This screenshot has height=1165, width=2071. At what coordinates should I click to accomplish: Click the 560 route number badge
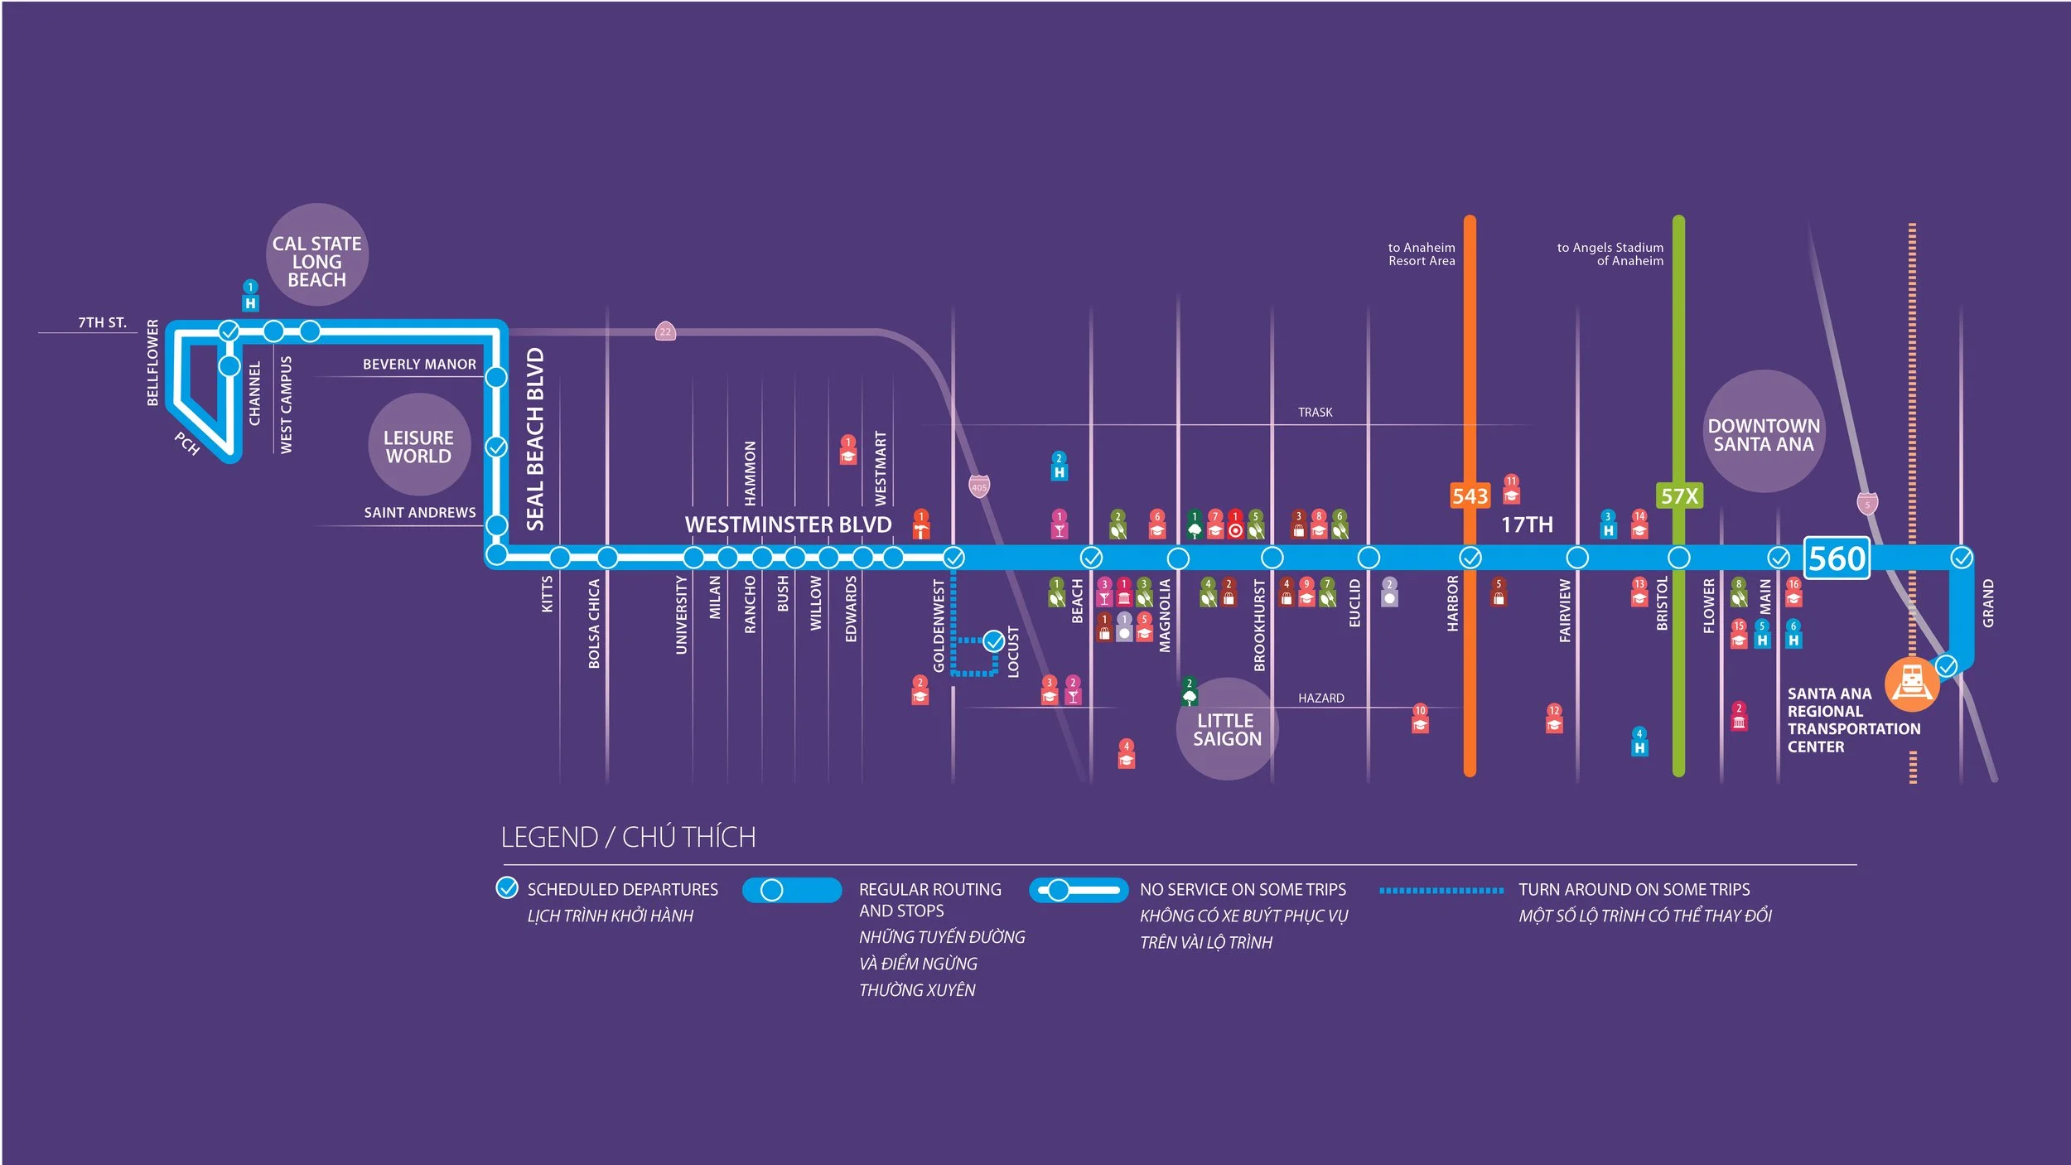[x=1836, y=558]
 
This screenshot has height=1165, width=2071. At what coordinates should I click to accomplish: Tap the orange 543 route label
[x=1470, y=496]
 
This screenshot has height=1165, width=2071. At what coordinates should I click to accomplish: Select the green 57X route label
[x=1679, y=496]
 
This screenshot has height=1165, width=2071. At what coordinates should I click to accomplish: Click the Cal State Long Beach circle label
[x=316, y=261]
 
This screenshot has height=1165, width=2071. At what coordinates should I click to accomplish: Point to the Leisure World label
[x=419, y=447]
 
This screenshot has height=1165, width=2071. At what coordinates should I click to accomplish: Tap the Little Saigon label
[x=1227, y=730]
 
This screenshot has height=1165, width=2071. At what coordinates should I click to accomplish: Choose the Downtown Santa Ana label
[x=1764, y=435]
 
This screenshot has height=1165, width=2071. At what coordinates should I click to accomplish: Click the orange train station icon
[x=1912, y=684]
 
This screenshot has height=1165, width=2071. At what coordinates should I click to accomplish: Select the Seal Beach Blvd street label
[x=535, y=439]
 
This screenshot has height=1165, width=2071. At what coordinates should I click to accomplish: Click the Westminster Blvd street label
[x=788, y=524]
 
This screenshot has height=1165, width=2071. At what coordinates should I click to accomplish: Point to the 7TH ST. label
[x=102, y=322]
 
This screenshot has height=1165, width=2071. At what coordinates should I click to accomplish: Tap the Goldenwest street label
[x=939, y=626]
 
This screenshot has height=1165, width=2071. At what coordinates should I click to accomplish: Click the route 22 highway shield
[x=665, y=331]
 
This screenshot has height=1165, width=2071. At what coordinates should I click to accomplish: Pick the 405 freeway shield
[x=979, y=486]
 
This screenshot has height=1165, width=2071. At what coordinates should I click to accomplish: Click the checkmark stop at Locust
[x=994, y=641]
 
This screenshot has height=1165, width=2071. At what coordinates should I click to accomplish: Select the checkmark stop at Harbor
[x=1470, y=558]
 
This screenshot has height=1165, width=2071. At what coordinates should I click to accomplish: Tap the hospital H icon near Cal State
[x=250, y=303]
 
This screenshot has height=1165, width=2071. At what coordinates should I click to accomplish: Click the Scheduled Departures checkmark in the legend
[x=507, y=888]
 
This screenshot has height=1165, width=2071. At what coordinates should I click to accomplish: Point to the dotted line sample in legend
[x=1441, y=890]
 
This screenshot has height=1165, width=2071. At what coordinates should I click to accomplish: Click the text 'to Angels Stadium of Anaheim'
[x=1610, y=254]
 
